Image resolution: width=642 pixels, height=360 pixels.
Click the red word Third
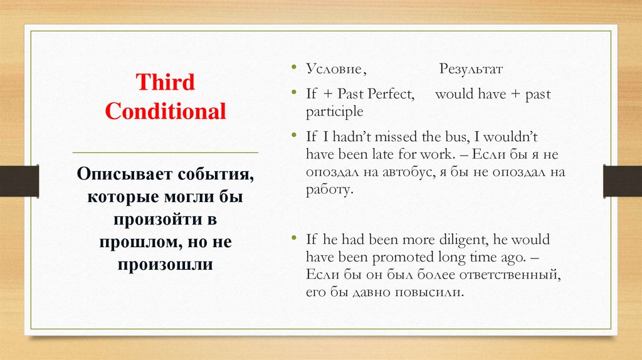click(166, 82)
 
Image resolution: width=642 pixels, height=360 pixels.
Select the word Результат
click(471, 68)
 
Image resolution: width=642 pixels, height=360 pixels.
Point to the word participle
click(335, 112)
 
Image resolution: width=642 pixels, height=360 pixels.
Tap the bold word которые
click(120, 197)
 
